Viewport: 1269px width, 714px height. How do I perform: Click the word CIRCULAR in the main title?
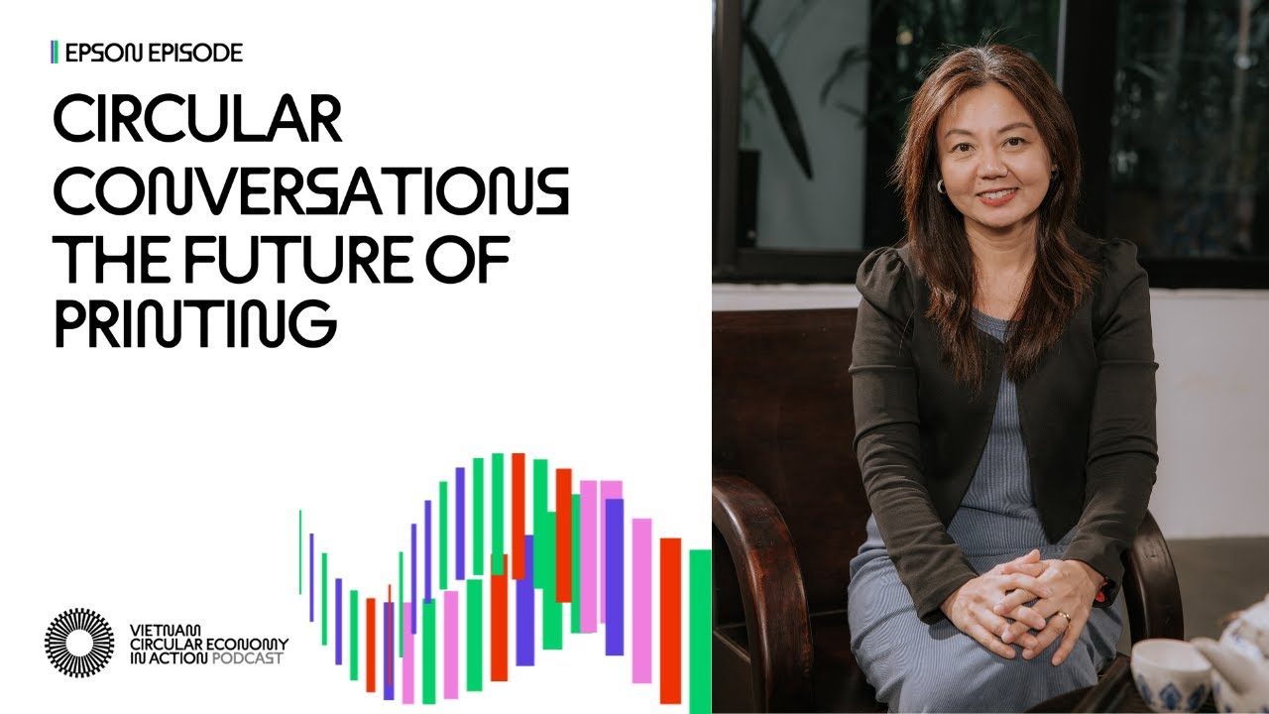(x=197, y=122)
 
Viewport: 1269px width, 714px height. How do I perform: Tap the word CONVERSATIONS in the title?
(x=310, y=191)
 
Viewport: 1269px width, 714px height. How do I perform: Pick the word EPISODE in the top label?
(x=195, y=53)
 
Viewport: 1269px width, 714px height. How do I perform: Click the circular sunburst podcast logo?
(x=79, y=643)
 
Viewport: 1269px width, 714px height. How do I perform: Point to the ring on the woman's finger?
(x=1064, y=617)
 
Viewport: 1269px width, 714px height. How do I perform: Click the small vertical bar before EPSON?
(x=54, y=53)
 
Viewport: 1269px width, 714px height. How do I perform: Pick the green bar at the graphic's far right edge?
(x=700, y=630)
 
